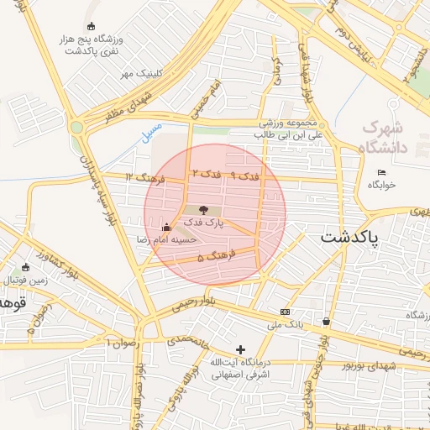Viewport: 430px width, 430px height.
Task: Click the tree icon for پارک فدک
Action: (x=202, y=210)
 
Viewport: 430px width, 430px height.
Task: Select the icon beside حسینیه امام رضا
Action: (x=166, y=227)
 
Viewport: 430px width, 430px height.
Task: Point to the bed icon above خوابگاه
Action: (x=382, y=173)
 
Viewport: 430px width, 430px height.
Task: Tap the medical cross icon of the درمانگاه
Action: (x=241, y=349)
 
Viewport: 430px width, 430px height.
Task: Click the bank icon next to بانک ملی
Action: (x=285, y=312)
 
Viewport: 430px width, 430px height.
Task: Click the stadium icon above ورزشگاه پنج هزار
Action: (x=91, y=26)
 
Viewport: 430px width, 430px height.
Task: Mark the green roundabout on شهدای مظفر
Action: (x=77, y=128)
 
